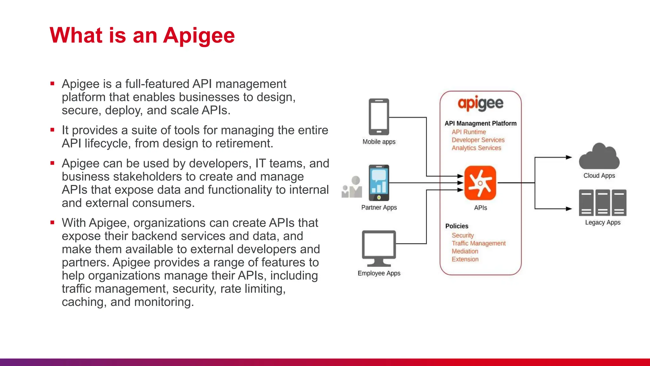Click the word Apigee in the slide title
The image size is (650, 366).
tap(199, 36)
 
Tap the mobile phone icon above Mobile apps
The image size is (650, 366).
tap(379, 117)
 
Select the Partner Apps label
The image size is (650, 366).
tap(379, 207)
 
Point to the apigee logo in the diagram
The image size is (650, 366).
tap(480, 104)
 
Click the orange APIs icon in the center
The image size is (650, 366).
tap(480, 183)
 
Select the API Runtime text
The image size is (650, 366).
tap(468, 132)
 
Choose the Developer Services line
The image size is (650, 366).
tap(478, 140)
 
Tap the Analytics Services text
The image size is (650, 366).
tap(476, 148)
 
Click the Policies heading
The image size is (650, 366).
tap(456, 226)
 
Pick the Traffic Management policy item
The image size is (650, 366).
tap(478, 243)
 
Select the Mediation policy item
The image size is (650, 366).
tap(465, 251)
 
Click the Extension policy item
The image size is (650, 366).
tap(465, 259)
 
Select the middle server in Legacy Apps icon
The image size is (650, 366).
tap(602, 203)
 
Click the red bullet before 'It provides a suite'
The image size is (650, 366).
tap(52, 130)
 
